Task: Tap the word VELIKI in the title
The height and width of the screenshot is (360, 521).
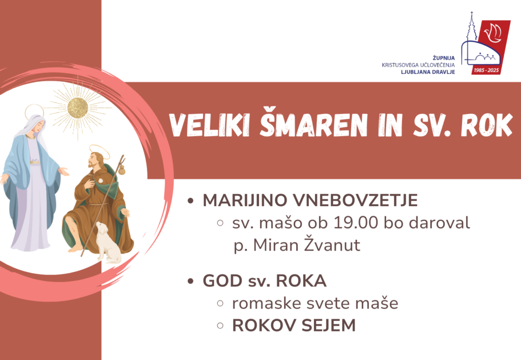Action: pos(210,125)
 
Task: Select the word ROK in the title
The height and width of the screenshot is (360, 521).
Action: pos(487,125)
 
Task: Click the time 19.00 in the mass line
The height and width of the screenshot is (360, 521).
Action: pos(356,223)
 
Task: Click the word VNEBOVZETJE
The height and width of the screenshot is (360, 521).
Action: pos(355,201)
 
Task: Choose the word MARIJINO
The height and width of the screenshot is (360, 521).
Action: pos(245,201)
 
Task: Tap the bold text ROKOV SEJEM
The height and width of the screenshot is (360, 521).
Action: pos(294,325)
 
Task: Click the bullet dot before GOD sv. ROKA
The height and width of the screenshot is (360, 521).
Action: pos(190,281)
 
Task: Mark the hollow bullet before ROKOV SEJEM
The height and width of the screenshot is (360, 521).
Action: pos(220,325)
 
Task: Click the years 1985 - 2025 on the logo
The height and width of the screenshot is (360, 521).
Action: pos(486,70)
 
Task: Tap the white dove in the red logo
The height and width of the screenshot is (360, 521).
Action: pos(493,33)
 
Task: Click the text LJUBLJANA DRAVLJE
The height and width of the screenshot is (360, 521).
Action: pos(428,72)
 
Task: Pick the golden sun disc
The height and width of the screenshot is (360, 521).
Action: pos(78,108)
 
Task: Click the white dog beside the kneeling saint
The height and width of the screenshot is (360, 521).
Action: pos(108,242)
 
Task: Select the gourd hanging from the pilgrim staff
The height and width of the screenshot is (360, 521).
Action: pos(122,170)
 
